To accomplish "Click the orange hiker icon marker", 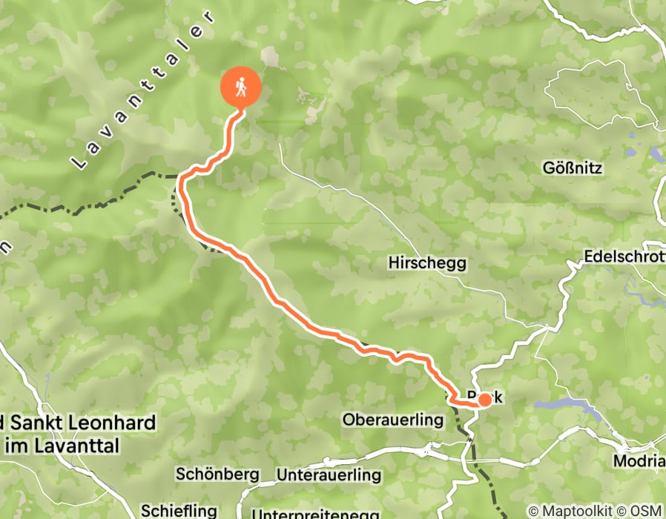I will tap(241, 88).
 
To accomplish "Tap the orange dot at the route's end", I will tap(484, 400).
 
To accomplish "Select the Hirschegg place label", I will tap(426, 262).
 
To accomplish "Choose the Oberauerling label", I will tap(392, 420).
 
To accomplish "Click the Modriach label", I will tap(639, 460).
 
